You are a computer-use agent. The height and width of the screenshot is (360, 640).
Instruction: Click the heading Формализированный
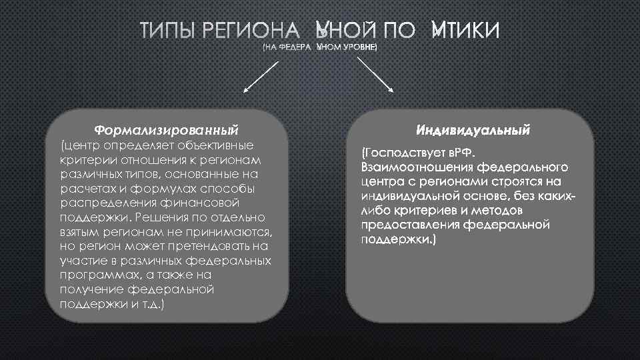pos(166,127)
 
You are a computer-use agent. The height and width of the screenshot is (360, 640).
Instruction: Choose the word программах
pos(93,275)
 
